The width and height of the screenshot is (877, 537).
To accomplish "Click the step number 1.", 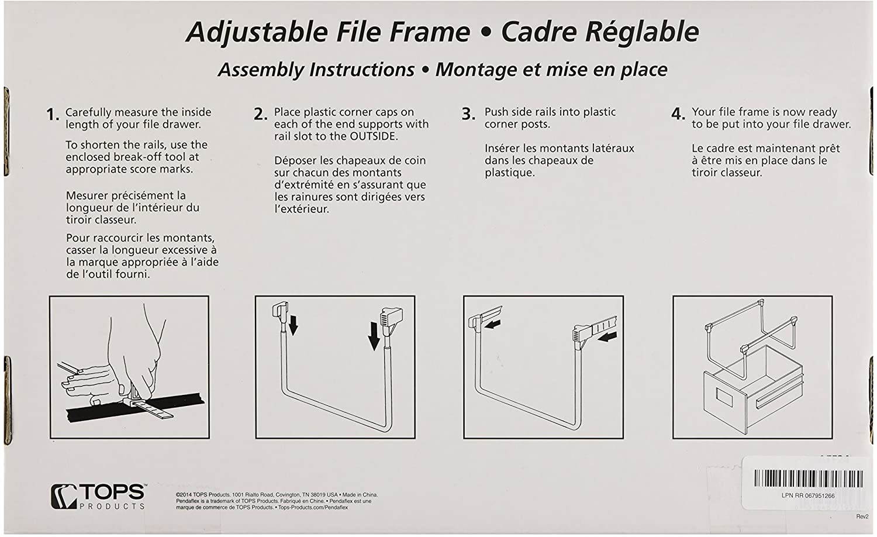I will [x=52, y=115].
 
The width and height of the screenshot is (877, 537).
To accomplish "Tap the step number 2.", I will [x=260, y=115].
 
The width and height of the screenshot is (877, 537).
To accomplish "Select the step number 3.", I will [x=468, y=114].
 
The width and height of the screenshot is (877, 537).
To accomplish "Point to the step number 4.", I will [x=678, y=114].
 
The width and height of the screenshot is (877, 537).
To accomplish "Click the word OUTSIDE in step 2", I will [x=374, y=136].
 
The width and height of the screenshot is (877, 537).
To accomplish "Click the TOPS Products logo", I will [x=98, y=497].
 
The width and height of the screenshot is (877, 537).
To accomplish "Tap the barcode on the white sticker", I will [x=808, y=478].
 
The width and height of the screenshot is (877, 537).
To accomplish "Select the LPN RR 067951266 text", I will [x=808, y=495].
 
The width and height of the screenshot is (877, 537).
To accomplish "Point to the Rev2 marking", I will [x=862, y=517].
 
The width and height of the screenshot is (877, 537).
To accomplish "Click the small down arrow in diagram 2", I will [x=294, y=325].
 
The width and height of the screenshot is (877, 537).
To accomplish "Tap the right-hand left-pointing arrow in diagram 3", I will [x=608, y=336].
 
